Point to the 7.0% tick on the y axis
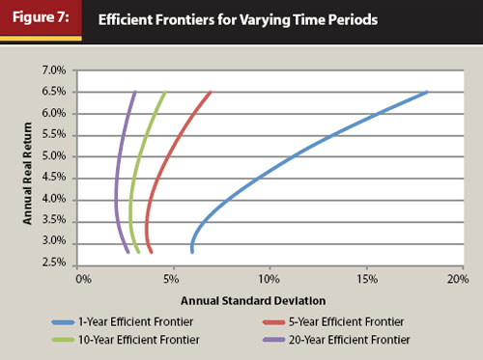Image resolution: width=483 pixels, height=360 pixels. [x=52, y=70]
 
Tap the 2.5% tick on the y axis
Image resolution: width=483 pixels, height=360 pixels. [x=52, y=263]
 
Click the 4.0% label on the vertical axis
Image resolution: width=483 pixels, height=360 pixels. [x=52, y=199]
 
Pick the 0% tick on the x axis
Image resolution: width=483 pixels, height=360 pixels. [x=83, y=279]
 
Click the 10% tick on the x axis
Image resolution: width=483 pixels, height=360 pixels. [x=269, y=279]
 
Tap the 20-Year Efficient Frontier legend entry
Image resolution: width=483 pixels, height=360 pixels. [x=340, y=340]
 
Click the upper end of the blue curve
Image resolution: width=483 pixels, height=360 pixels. [x=426, y=93]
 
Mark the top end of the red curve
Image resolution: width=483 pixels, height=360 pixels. [x=210, y=93]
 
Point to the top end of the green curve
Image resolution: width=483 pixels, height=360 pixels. [x=164, y=93]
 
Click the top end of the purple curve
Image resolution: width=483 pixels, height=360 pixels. [x=134, y=93]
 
